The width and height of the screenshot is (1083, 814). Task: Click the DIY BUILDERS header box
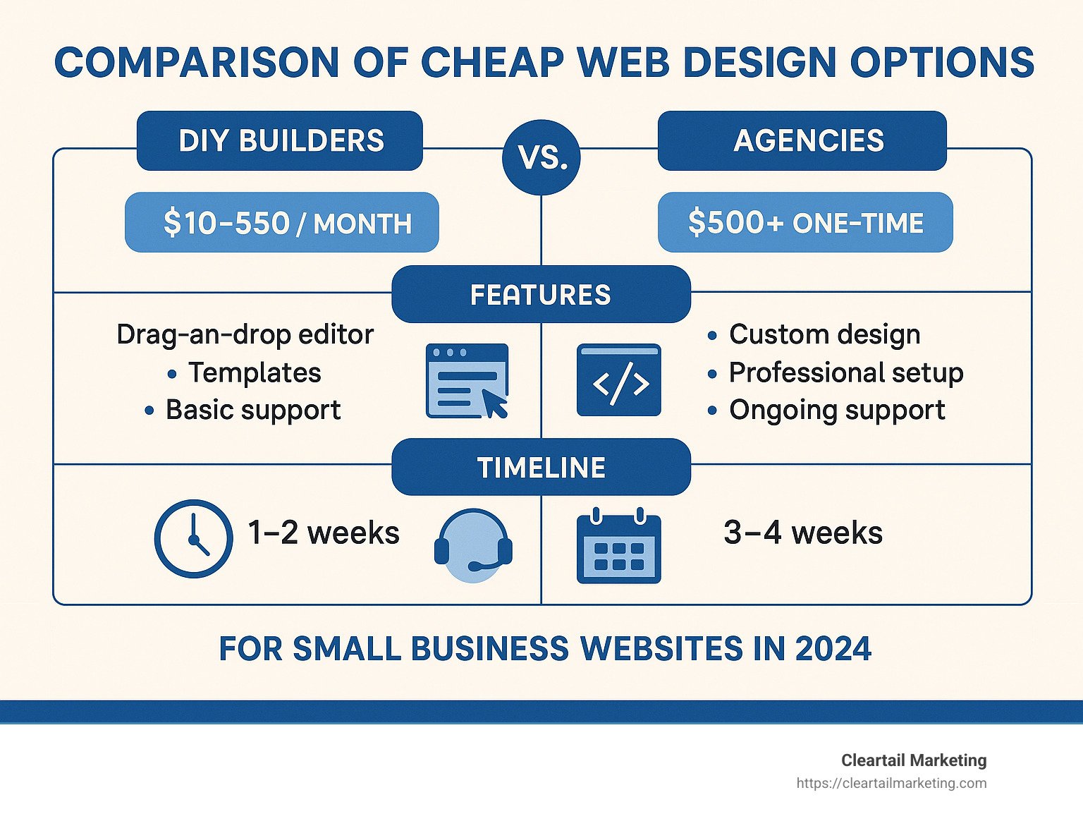click(x=280, y=141)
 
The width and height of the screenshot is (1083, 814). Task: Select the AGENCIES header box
click(x=802, y=141)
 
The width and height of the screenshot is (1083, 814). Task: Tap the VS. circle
click(x=541, y=157)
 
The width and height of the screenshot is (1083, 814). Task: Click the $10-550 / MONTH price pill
click(x=282, y=223)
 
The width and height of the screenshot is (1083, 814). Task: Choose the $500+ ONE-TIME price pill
click(x=805, y=223)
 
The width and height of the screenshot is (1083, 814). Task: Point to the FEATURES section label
click(x=541, y=295)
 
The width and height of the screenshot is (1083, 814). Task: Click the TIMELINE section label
click(x=541, y=468)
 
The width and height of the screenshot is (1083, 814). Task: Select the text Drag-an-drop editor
click(x=245, y=334)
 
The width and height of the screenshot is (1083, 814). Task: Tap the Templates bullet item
click(x=254, y=372)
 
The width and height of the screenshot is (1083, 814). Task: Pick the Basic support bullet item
click(x=252, y=410)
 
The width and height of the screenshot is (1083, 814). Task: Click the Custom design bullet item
click(x=824, y=334)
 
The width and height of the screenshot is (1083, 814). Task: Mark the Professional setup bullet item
click(x=845, y=372)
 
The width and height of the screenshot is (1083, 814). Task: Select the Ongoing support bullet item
click(x=836, y=410)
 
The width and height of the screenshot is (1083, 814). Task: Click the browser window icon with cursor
click(x=467, y=381)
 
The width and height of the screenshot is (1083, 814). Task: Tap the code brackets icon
click(x=618, y=381)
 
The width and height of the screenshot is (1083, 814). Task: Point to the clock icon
click(x=193, y=538)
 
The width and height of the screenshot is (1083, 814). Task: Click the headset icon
click(x=473, y=545)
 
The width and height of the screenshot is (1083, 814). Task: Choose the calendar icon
click(x=618, y=546)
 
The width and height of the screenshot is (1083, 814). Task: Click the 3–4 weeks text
click(x=802, y=533)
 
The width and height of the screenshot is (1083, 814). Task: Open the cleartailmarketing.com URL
click(x=891, y=783)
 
